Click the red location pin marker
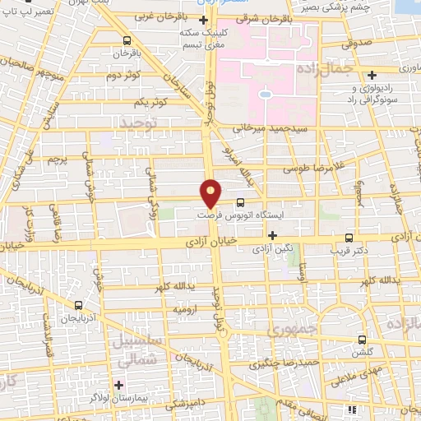click(210, 193)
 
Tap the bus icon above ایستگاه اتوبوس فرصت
click(240, 202)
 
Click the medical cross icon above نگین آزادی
click(271, 234)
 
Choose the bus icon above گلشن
click(361, 340)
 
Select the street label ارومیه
click(185, 309)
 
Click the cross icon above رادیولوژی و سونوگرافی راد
click(372, 74)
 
